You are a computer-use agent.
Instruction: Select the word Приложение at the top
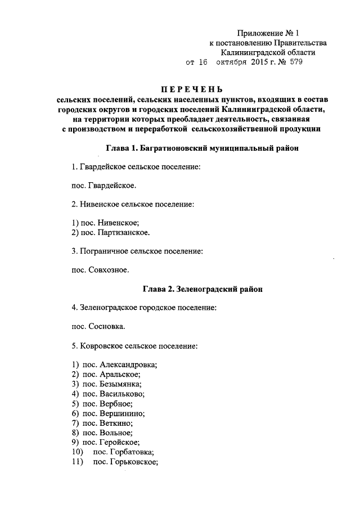tap(259, 33)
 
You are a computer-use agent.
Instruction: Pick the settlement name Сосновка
tap(107, 325)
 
